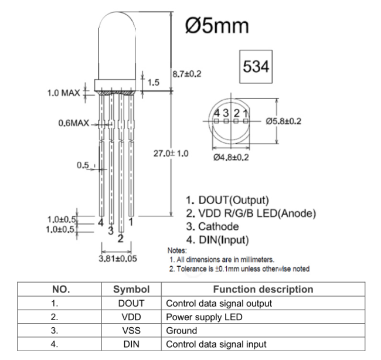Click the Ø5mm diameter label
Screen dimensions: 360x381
click(217, 25)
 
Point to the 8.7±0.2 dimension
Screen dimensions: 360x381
click(186, 74)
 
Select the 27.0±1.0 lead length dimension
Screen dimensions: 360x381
click(171, 154)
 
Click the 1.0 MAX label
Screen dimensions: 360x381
click(63, 93)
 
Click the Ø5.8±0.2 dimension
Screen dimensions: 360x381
click(284, 121)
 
